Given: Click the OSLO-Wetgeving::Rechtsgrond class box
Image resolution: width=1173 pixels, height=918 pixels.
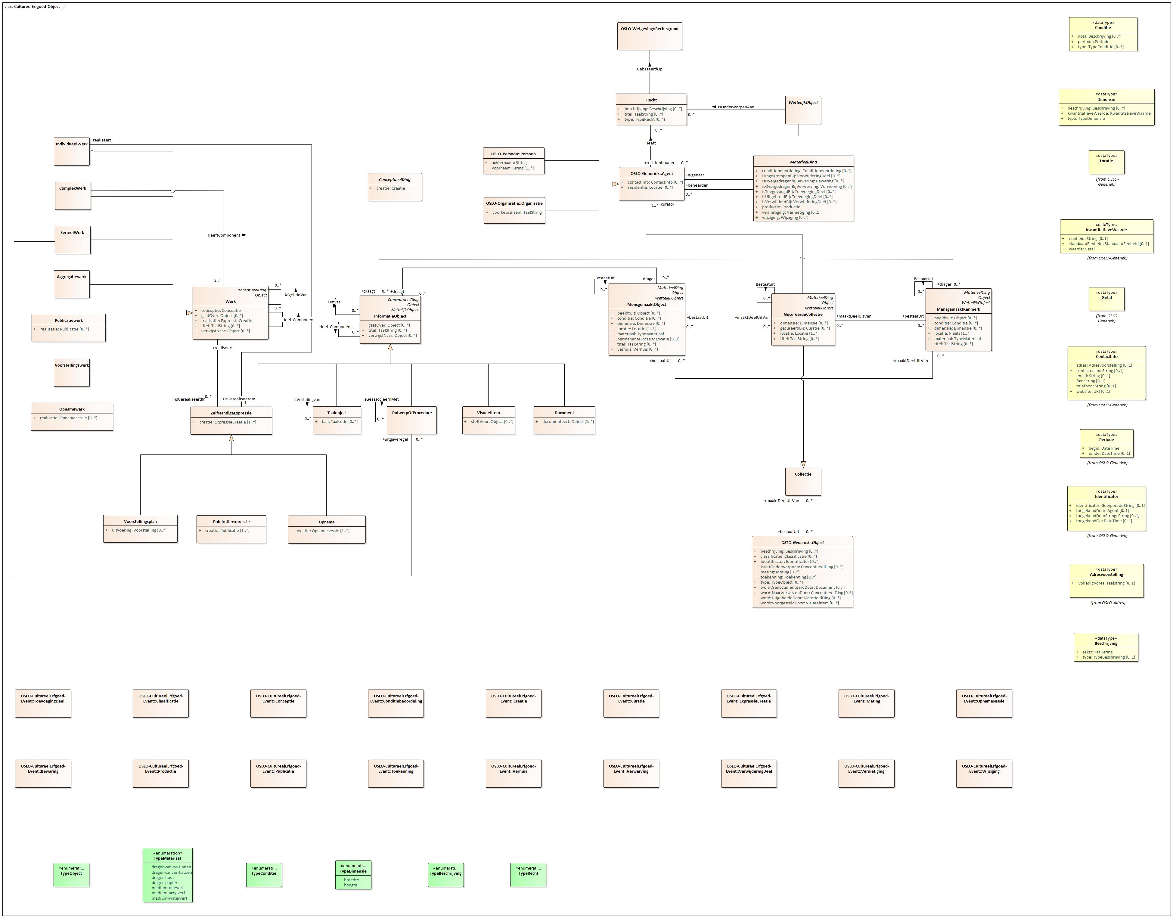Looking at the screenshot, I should click(x=649, y=36).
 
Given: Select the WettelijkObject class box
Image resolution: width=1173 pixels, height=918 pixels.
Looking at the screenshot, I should click(x=802, y=110).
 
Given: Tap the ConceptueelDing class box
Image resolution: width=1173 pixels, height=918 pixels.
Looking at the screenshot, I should click(x=395, y=187).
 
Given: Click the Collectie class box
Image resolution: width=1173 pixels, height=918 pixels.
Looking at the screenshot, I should click(x=802, y=481).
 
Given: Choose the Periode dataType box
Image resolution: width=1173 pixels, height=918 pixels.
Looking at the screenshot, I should click(x=1106, y=443).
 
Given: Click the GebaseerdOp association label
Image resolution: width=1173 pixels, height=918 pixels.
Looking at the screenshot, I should click(x=649, y=69).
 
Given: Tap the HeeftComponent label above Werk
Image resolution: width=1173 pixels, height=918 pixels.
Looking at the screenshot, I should click(x=224, y=235).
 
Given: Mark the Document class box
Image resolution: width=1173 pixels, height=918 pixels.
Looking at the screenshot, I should click(x=564, y=420).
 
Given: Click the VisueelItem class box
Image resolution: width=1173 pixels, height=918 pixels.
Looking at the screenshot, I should click(x=488, y=420).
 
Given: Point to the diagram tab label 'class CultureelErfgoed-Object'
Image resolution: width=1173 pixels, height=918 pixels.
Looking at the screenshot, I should click(x=32, y=6).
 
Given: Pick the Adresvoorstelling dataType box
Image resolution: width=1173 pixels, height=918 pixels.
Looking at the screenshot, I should click(x=1106, y=581).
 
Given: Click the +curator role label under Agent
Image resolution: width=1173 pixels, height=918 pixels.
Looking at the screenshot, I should click(x=667, y=204).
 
